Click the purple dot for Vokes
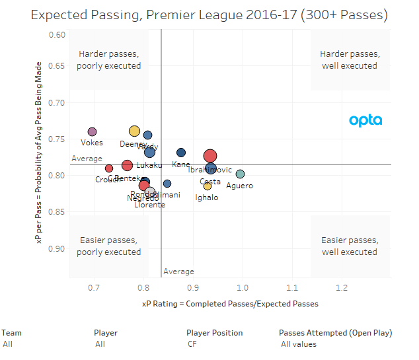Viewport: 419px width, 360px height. coord(92,131)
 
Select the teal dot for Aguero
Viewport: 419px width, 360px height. coord(241,174)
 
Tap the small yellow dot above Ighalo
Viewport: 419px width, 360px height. coord(208,186)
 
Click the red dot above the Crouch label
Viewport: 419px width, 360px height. coord(109,168)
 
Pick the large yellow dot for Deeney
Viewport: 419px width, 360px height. coord(135,131)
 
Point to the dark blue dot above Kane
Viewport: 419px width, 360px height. coord(181,153)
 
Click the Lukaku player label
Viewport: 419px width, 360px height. coord(149,165)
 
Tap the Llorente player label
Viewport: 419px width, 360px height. coord(149,205)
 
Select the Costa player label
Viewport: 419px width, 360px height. coord(210,182)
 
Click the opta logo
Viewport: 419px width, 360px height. coord(365,120)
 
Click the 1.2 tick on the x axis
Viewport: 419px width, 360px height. coord(342,288)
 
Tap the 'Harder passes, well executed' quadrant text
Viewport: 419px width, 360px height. coord(349,59)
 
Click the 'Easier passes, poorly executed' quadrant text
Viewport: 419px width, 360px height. coord(108,246)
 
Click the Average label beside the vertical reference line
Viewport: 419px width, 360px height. coord(178,271)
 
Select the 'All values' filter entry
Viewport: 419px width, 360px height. coord(298,344)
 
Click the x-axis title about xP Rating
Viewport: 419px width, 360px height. coord(229,304)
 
